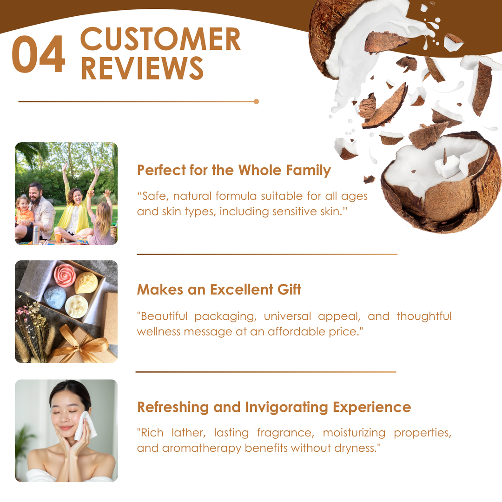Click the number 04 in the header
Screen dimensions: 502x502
point(39,54)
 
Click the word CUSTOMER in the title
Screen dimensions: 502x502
point(160,39)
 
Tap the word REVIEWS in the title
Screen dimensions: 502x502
point(142,68)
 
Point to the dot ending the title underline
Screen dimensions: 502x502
point(256,101)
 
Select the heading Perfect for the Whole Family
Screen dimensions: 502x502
point(234,170)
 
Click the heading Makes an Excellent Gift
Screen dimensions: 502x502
point(219,290)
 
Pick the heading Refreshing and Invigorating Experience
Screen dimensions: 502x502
point(274,407)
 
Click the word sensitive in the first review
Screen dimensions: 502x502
point(295,211)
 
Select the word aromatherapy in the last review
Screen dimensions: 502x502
point(202,448)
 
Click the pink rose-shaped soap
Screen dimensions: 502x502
point(65,274)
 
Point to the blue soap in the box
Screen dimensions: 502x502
point(55,298)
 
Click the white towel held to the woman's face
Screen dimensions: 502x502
point(85,425)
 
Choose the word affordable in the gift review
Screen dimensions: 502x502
point(297,332)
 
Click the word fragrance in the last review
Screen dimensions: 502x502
point(285,433)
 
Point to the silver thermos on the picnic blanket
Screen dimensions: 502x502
point(35,235)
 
